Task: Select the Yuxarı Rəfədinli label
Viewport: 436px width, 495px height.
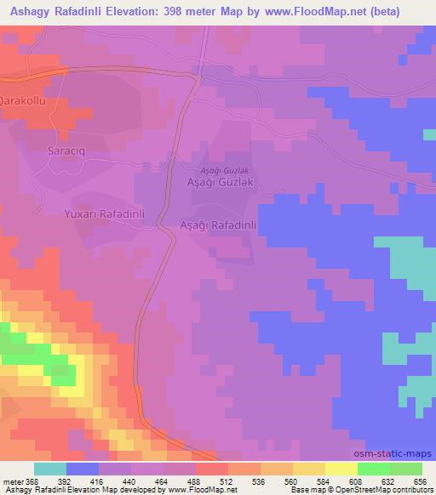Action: click(x=110, y=214)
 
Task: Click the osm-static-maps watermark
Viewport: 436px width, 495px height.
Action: click(x=400, y=453)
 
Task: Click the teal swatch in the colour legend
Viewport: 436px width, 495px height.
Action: click(x=50, y=469)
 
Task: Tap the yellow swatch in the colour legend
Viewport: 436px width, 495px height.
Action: click(x=341, y=469)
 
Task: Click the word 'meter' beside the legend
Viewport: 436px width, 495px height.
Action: click(x=13, y=481)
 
